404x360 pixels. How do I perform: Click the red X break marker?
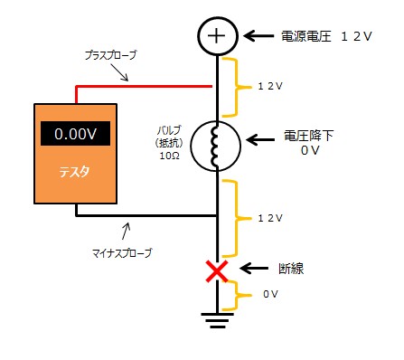(x=217, y=270)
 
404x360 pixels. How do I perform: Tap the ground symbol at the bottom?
(x=217, y=317)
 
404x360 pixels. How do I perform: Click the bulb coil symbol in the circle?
(x=217, y=146)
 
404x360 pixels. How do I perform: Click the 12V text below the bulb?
(x=270, y=219)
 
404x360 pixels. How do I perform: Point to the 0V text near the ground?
(x=269, y=294)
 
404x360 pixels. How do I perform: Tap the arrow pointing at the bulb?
(x=261, y=140)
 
